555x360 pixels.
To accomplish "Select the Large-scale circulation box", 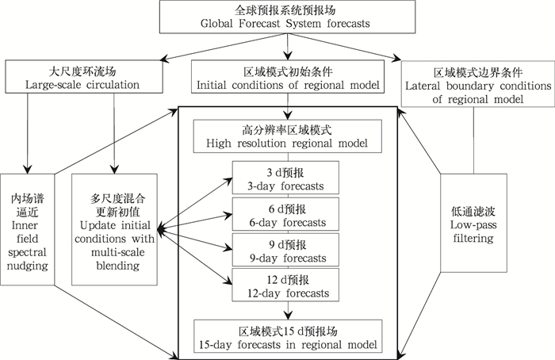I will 71,77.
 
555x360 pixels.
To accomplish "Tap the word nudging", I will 27,265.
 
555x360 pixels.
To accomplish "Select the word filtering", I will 474,239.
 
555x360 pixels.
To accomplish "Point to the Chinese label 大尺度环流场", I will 71,70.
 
